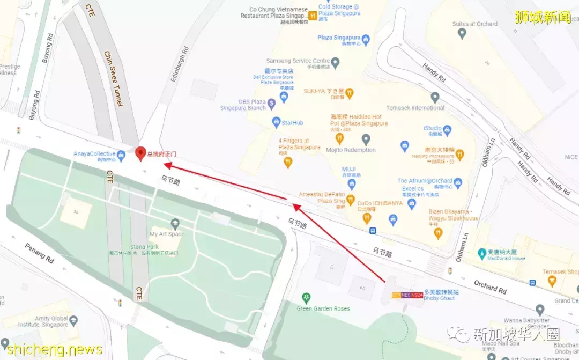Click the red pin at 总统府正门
(140, 153)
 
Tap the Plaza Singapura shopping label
(339, 38)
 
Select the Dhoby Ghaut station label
(441, 299)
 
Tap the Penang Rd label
(39, 254)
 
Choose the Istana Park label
(144, 246)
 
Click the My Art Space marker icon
(174, 223)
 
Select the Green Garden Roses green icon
(306, 298)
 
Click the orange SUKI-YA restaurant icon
(349, 92)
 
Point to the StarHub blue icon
(276, 122)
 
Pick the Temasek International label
(415, 108)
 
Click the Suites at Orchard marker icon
(462, 33)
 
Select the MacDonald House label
(506, 258)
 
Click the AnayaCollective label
(94, 153)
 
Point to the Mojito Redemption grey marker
(366, 139)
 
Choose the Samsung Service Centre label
(298, 61)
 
